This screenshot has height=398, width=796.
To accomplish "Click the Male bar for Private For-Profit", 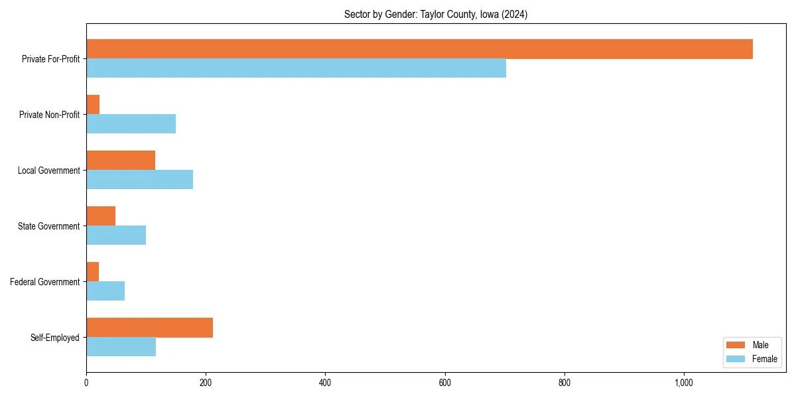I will coord(419,49).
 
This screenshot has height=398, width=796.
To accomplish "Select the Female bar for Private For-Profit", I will coord(296,68).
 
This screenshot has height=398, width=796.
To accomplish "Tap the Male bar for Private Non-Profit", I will coord(93,105).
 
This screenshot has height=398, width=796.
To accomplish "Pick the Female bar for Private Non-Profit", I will coord(131,124).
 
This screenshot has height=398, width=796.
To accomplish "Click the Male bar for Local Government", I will coord(121,161).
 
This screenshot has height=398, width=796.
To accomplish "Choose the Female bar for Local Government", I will coord(139,180).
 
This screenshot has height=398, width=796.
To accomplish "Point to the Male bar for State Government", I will coord(101,216).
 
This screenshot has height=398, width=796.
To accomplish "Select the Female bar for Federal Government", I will coord(105,291).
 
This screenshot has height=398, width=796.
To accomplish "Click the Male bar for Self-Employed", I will coord(149,328).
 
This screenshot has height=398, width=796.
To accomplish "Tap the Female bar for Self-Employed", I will coord(121,347).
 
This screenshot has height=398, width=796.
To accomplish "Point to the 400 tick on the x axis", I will coord(325,383).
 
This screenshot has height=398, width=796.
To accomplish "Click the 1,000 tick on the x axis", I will coord(684,383).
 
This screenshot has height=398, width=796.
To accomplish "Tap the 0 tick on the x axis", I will coord(86,383).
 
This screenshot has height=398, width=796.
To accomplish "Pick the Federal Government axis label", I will coord(45,282).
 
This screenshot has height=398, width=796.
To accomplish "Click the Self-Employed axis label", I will coord(55,338).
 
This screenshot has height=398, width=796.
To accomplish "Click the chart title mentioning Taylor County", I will coord(436,15).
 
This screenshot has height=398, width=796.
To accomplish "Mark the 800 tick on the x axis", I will coord(564,383).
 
